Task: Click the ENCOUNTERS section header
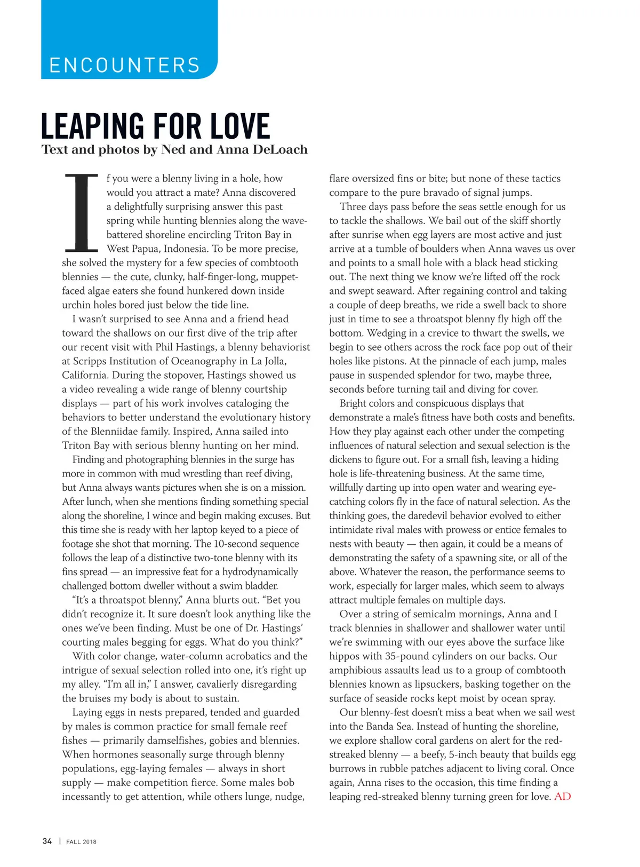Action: [x=124, y=65]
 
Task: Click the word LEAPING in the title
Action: [x=92, y=126]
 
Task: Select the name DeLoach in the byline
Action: [x=281, y=149]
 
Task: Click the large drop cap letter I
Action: [x=81, y=212]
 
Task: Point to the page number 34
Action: [x=47, y=841]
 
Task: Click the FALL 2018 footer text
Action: [x=81, y=841]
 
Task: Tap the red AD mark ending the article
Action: [x=563, y=797]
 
